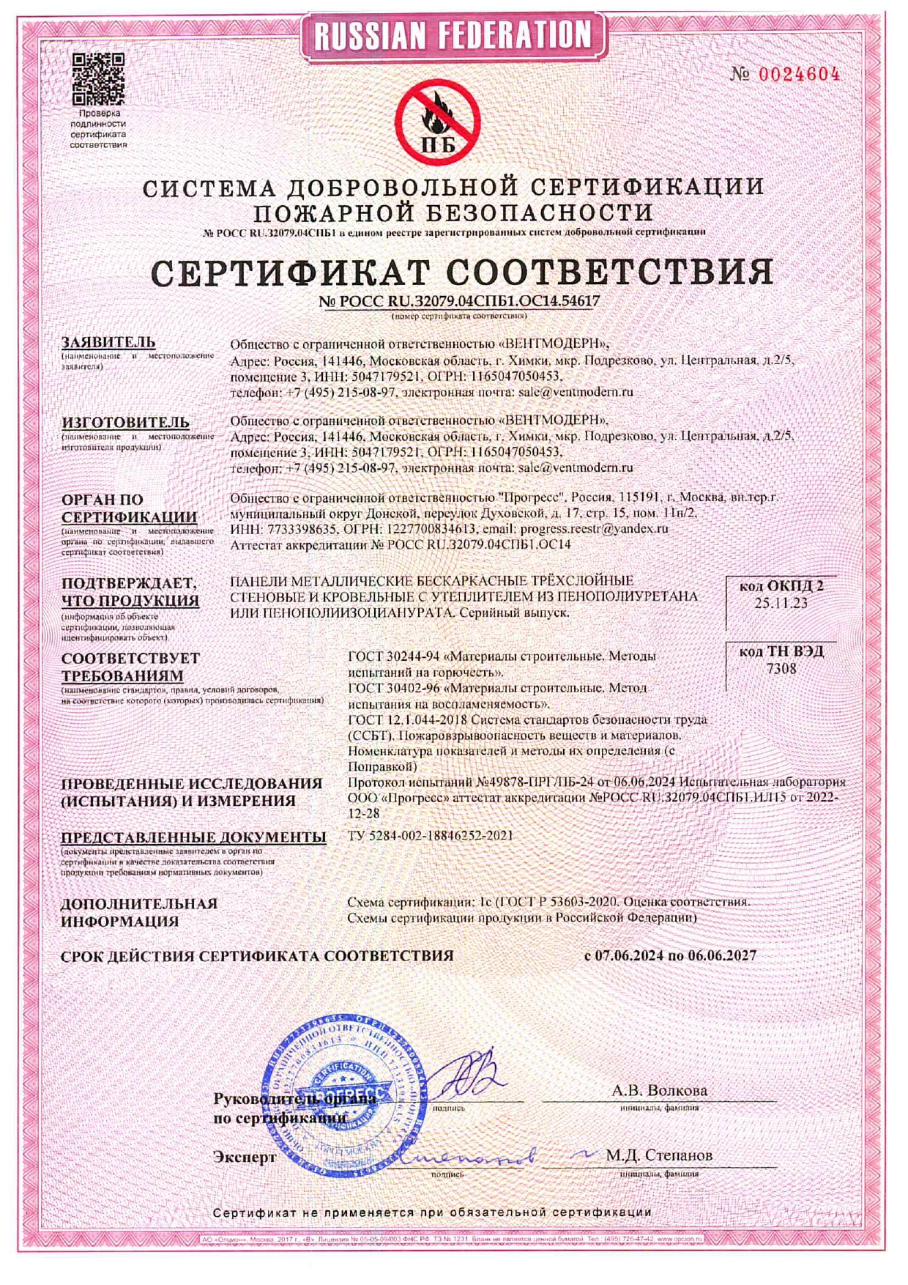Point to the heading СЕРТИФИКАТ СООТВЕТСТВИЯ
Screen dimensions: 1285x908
462,272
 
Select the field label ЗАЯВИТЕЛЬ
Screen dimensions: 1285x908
108,342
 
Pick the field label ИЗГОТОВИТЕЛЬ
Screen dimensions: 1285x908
125,423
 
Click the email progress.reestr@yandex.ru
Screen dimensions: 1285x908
594,528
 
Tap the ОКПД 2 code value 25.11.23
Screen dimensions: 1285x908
781,603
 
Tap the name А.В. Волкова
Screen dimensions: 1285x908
659,1090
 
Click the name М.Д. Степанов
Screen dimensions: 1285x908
658,1155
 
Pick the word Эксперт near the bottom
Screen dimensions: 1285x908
245,1158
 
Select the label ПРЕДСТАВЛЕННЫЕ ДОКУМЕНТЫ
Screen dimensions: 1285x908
193,837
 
